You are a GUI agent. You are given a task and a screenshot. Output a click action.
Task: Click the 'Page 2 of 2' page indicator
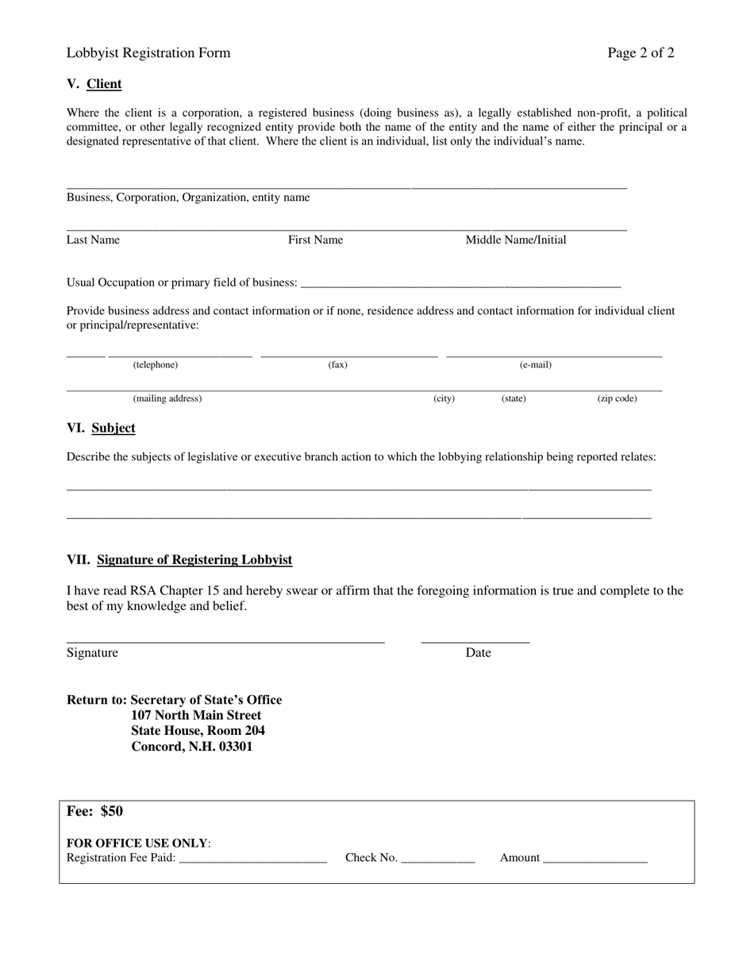[x=641, y=53]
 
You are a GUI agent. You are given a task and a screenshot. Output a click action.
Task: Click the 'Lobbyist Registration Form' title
[x=148, y=53]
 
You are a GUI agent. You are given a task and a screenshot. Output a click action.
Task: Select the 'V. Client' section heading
[x=94, y=84]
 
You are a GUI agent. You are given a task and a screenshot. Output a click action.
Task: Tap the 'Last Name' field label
[x=93, y=240]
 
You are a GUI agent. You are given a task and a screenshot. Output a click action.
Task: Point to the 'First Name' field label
[x=315, y=240]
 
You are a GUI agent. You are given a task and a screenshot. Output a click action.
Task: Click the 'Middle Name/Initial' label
[x=516, y=240]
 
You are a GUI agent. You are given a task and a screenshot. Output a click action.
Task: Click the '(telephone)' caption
[x=156, y=365]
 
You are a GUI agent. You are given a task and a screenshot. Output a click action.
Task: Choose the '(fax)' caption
[x=338, y=365]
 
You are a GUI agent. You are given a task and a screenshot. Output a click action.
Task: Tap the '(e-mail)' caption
[x=536, y=365]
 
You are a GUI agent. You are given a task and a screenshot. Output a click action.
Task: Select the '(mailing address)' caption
[x=167, y=399]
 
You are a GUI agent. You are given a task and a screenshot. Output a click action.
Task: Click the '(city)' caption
[x=444, y=399]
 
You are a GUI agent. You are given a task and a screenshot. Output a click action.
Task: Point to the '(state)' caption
[x=514, y=399]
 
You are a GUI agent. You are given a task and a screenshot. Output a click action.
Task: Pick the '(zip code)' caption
[x=617, y=399]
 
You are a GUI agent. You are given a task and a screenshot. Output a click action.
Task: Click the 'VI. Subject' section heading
[x=101, y=428]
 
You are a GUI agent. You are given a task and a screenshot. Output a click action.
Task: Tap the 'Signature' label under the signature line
[x=92, y=653]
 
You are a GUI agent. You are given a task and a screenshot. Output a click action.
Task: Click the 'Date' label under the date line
[x=479, y=653]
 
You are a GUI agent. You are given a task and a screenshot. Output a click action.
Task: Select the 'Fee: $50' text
[x=95, y=812]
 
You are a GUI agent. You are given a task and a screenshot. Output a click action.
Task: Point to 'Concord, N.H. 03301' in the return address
[x=192, y=747]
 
